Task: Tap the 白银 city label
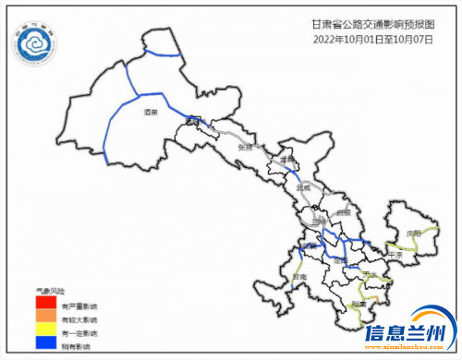[343, 212]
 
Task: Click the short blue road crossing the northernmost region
[164, 55]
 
